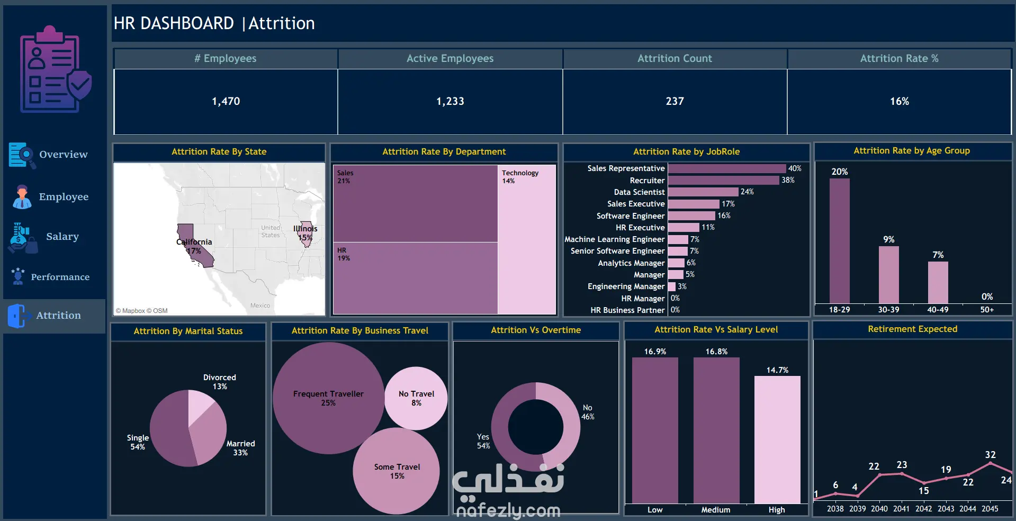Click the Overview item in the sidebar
pos(49,155)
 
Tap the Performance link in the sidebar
pos(50,277)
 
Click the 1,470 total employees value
pos(226,101)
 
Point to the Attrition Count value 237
pos(675,101)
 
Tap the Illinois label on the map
pos(305,229)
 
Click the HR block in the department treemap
pos(416,278)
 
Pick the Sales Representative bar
pos(727,168)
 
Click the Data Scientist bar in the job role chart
pos(703,192)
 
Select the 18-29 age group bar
pos(839,241)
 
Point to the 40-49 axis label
pos(938,310)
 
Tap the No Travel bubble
pos(416,398)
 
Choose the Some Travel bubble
pos(397,471)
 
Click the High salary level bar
pos(777,439)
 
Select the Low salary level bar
pos(655,430)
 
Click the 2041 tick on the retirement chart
pos(901,509)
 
